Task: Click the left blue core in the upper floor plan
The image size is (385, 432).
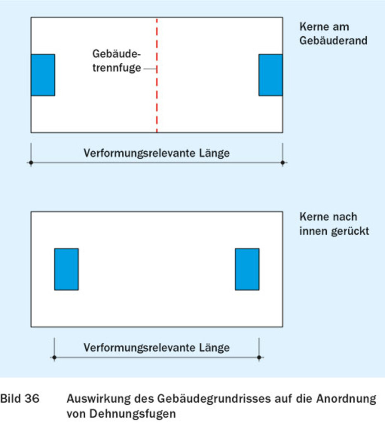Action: click(43, 75)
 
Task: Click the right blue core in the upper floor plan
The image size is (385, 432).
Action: click(271, 75)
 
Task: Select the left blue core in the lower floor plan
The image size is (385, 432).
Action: click(66, 269)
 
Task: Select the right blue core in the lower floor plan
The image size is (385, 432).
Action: click(247, 269)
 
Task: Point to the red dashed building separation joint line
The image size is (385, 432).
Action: click(157, 103)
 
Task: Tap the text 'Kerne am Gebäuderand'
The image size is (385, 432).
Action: click(333, 34)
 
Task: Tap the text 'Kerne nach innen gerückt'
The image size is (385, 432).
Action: click(334, 224)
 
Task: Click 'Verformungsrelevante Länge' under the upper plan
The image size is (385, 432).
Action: click(156, 153)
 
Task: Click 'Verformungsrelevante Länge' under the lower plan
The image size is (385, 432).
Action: click(156, 348)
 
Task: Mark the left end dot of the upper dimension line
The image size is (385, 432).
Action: click(31, 163)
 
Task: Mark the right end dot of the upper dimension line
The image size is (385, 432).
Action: click(283, 163)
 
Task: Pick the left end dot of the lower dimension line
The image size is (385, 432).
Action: click(54, 357)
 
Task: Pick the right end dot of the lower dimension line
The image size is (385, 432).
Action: click(259, 357)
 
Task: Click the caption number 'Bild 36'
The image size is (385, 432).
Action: click(20, 399)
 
